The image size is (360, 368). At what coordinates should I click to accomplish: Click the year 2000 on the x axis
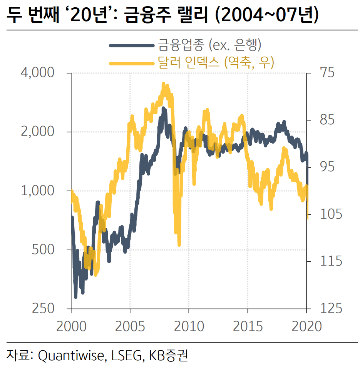71,326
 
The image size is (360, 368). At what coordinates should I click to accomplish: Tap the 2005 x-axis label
130,326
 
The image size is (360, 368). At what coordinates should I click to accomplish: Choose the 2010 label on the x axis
189,326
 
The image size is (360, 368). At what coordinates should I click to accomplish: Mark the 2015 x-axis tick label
248,326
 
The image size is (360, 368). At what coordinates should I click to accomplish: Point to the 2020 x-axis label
306,326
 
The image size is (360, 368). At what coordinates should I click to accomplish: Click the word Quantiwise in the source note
71,355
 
